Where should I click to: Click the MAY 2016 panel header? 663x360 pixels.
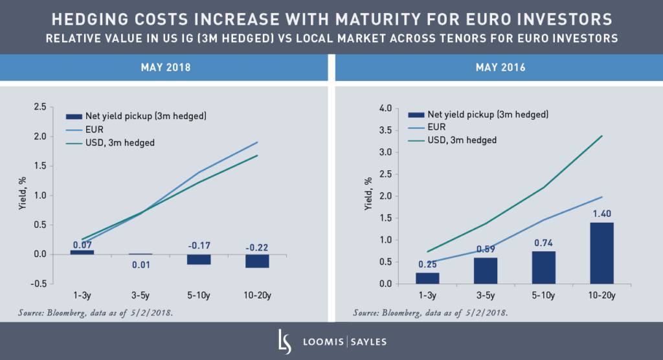click(x=498, y=67)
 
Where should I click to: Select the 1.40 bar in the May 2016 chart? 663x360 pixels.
click(x=601, y=253)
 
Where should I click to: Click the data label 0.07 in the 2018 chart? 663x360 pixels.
click(x=82, y=245)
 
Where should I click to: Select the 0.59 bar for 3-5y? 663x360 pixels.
click(x=486, y=271)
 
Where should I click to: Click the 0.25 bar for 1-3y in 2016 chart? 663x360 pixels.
click(x=427, y=278)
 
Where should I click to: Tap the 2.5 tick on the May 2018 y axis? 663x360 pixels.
click(x=39, y=107)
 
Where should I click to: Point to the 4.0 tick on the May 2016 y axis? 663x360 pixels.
click(x=385, y=108)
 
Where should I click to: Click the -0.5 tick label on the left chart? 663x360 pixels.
click(x=38, y=283)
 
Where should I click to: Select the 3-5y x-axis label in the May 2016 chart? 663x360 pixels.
click(x=486, y=295)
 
